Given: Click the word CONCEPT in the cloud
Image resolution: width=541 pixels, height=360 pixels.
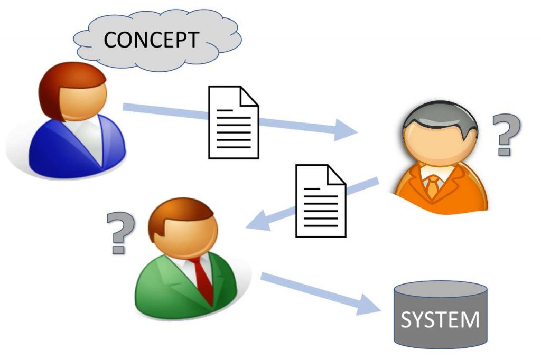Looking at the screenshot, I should (151, 40).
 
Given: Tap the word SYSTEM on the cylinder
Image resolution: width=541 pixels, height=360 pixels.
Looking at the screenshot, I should (440, 320).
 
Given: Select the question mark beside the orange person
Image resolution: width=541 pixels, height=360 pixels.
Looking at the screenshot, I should (506, 135).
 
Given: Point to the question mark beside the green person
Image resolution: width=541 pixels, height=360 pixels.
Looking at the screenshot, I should (120, 234).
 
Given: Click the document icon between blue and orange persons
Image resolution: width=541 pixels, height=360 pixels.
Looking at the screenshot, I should (234, 122).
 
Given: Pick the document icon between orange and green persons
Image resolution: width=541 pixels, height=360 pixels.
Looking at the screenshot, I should (320, 201).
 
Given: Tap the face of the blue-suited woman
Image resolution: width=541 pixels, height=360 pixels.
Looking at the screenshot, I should (83, 100).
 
